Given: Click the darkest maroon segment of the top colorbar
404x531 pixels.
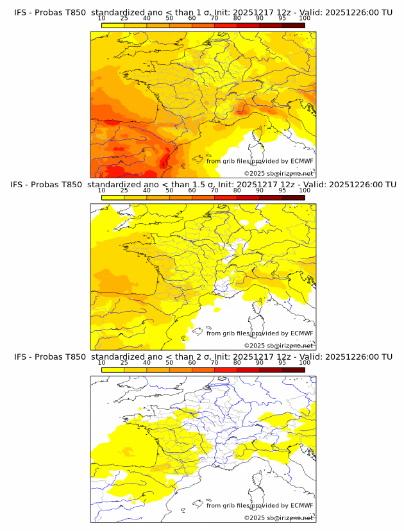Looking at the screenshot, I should click(x=293, y=25).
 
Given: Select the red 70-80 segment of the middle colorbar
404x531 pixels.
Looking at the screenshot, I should click(x=226, y=197).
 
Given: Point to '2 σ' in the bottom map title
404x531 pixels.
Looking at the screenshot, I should click(x=208, y=357).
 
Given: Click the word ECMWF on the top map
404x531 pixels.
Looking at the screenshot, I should click(x=301, y=161).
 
